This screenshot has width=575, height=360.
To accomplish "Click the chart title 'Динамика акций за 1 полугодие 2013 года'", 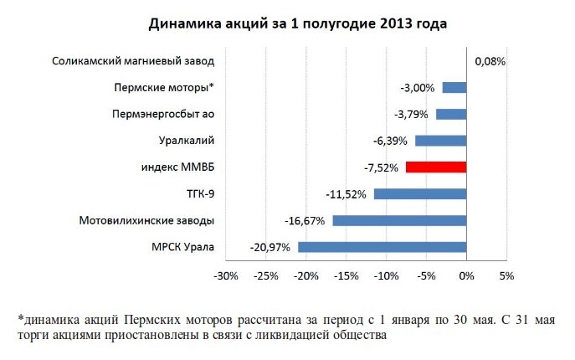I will [x=297, y=24].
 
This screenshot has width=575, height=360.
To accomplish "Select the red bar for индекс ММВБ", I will [x=436, y=167].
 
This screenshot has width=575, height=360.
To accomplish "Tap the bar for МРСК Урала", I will [x=382, y=247].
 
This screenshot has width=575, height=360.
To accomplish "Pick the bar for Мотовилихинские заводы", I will [x=399, y=220].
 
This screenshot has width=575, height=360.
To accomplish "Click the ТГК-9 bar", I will [x=420, y=194].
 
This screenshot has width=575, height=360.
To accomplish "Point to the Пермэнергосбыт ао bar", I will [x=451, y=114].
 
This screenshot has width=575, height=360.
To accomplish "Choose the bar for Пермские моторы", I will [x=454, y=88].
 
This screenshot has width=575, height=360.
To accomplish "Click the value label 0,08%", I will [x=490, y=61].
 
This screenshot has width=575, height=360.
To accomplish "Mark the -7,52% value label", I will [x=380, y=167].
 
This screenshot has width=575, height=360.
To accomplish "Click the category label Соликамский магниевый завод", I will [x=133, y=61].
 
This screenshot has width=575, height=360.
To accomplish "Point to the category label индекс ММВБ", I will [x=178, y=167].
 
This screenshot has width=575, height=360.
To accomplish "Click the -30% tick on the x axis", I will [x=226, y=275].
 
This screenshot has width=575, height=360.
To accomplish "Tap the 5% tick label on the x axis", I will [x=506, y=275].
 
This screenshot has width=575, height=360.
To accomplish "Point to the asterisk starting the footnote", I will [x=19, y=319].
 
